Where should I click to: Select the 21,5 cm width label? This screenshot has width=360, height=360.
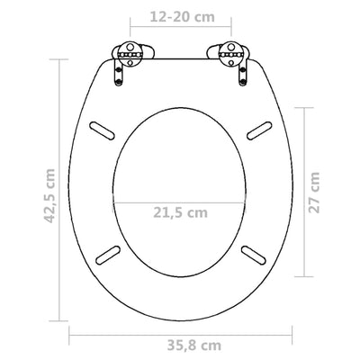point(179,212)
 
